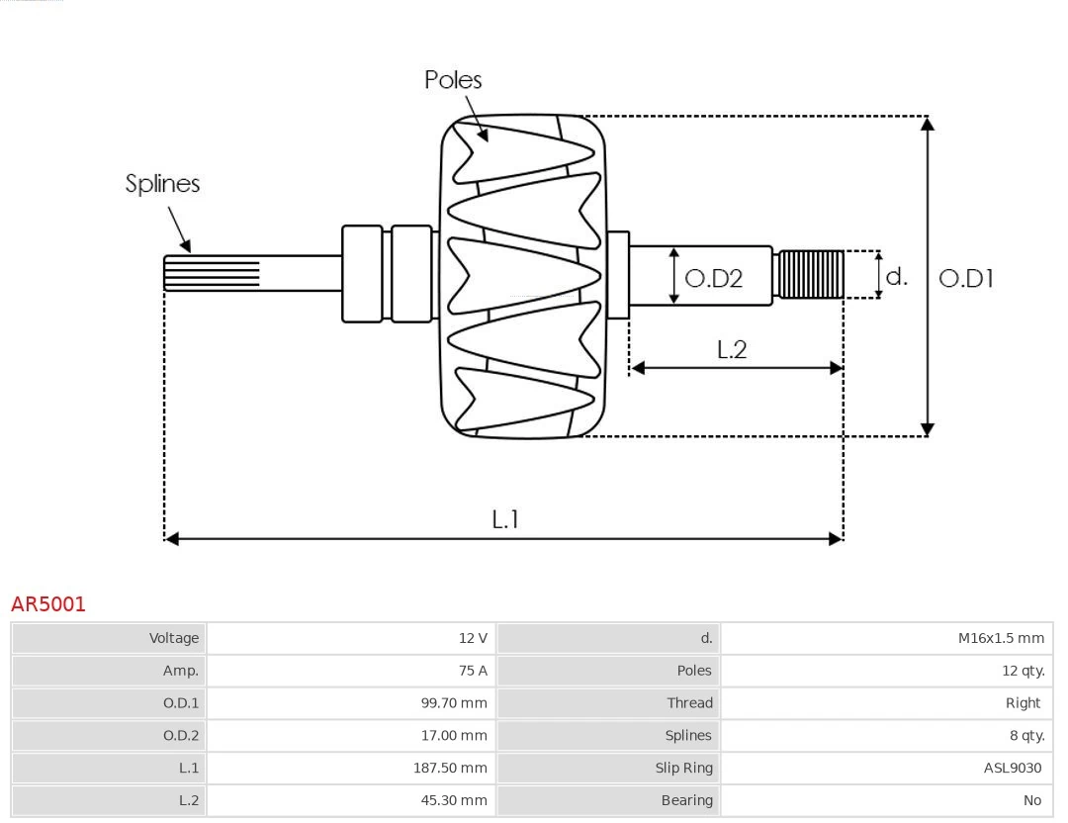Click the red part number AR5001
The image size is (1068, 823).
[x=48, y=603]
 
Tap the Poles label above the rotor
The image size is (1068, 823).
[x=453, y=80]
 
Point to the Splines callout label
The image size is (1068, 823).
[x=162, y=184]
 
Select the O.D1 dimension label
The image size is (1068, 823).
[x=965, y=279]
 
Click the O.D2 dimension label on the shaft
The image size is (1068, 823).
[x=713, y=279]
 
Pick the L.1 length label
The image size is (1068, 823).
[x=505, y=518]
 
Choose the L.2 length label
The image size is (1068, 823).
[x=732, y=349]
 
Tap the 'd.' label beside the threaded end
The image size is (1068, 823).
[x=896, y=276]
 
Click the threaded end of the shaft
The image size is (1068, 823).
[x=811, y=274]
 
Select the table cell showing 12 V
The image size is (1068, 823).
[x=473, y=638]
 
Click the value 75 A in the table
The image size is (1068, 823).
[x=473, y=671]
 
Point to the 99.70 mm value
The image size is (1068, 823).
[x=454, y=703]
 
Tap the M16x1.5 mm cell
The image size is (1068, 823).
[x=1001, y=638]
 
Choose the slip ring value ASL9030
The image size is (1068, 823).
[x=1012, y=768]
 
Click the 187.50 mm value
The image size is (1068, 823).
[x=450, y=768]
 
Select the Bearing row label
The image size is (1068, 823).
[x=686, y=800]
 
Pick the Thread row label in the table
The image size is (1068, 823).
[x=689, y=703]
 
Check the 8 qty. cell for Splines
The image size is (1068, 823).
[x=1020, y=735]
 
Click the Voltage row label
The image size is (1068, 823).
[x=174, y=638]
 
